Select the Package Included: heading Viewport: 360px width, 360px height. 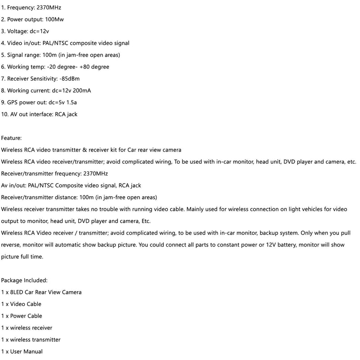click(x=27, y=280)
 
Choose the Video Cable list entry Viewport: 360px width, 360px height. click(x=24, y=304)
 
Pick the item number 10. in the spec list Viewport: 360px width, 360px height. click(x=5, y=114)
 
